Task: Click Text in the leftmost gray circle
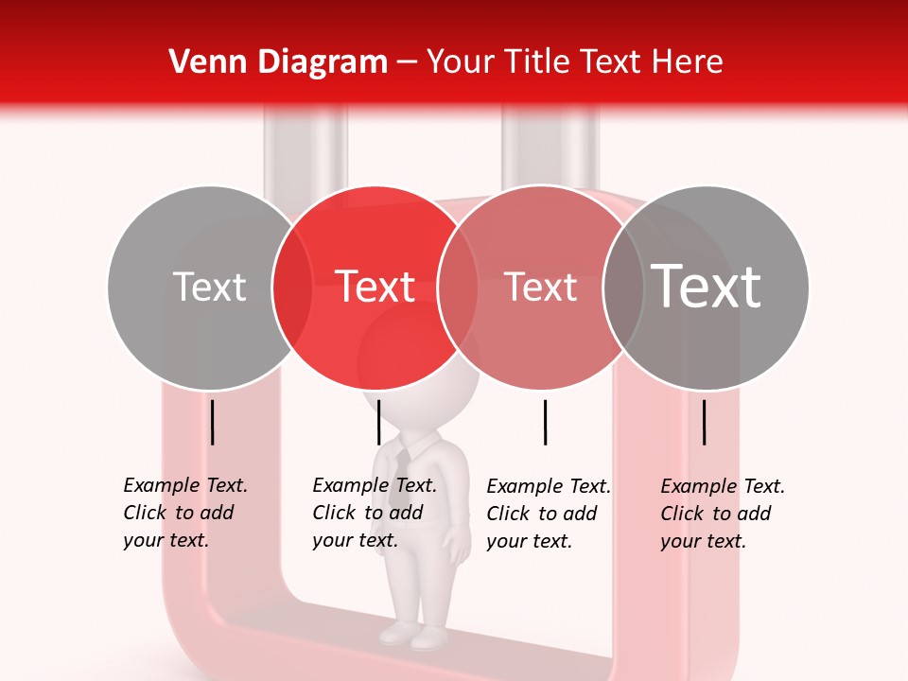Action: coord(209,287)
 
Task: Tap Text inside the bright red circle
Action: coord(375,287)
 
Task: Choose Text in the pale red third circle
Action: coord(540,287)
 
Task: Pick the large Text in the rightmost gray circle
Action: coord(706,287)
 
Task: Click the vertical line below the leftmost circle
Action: coord(213,422)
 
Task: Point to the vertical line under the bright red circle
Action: coord(378,422)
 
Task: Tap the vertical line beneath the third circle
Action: coord(545,422)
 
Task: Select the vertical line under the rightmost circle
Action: coord(704,422)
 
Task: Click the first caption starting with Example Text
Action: coord(185,513)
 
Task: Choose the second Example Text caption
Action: coord(375,513)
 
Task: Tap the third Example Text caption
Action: coord(549,514)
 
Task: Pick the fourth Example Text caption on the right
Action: coord(723,514)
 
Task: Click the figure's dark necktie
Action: coord(402,468)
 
